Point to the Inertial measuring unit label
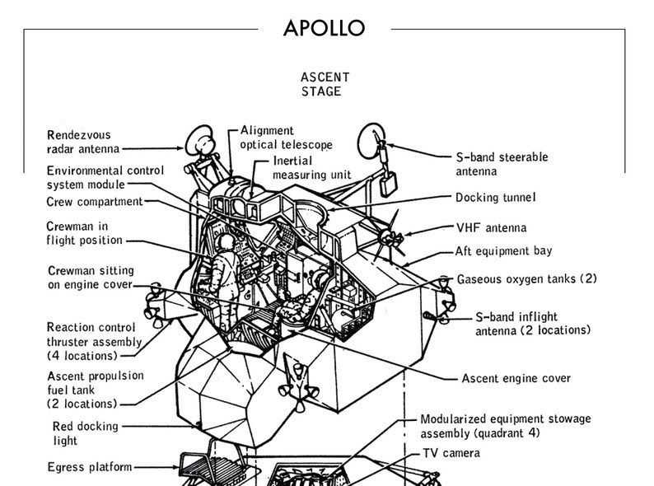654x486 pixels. tap(312, 167)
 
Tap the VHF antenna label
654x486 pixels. tap(491, 227)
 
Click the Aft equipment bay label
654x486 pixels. tap(503, 250)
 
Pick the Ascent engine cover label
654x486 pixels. tap(516, 379)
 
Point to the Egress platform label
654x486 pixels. tap(90, 467)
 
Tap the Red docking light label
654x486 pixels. tap(85, 433)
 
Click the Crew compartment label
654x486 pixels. tap(96, 202)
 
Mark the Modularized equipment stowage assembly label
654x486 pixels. tap(505, 426)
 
